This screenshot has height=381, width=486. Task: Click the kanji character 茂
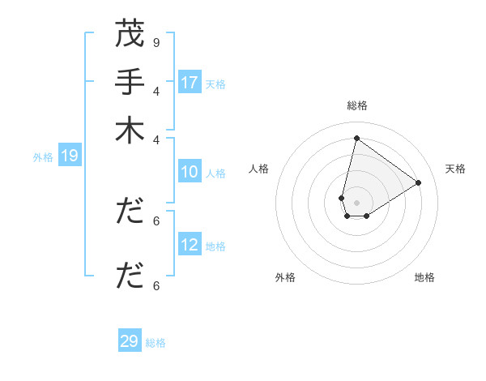tap(129, 35)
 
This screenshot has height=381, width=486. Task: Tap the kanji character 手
tap(129, 82)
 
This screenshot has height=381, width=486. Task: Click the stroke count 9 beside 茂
tap(156, 42)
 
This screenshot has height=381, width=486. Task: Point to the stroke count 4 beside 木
tap(156, 139)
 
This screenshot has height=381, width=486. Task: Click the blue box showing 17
tap(190, 83)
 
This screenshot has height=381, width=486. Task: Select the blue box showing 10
tap(190, 172)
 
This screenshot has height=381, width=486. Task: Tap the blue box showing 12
tap(190, 245)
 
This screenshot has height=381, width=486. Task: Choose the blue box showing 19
tap(69, 156)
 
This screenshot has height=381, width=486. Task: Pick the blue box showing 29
tap(130, 341)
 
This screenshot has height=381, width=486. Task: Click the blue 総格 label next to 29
tap(156, 343)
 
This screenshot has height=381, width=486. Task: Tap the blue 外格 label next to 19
tap(43, 157)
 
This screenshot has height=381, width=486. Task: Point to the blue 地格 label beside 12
tap(215, 246)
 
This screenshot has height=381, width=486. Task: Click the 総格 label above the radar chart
tap(356, 105)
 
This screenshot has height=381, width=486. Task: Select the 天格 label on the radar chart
tap(455, 169)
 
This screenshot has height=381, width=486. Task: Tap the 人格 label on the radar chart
tap(259, 169)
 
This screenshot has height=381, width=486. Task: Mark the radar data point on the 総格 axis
tap(356, 138)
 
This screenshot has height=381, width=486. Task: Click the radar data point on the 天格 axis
tap(419, 182)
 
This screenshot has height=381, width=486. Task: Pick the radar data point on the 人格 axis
tap(342, 198)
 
